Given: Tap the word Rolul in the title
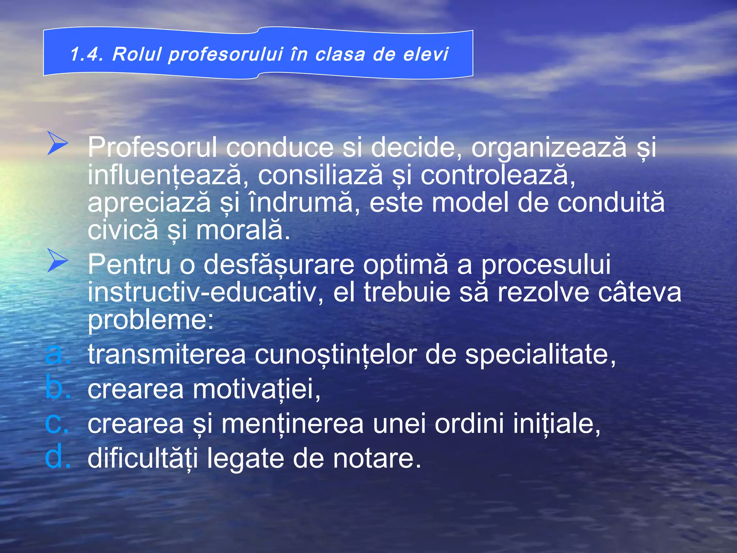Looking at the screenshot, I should point(137,54).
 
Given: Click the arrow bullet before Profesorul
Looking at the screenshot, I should point(58,143).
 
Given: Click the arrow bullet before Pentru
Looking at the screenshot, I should point(58,260).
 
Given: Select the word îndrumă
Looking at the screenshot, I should point(301,203).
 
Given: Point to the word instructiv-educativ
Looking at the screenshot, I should point(202,292).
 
